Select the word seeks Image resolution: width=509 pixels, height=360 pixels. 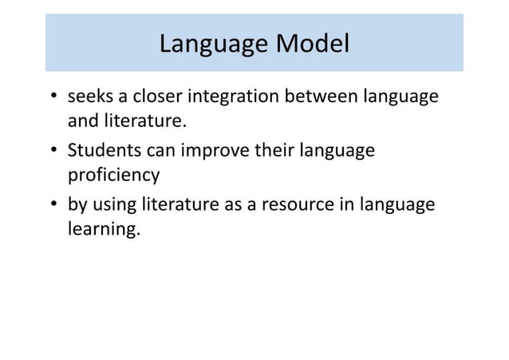point(89,97)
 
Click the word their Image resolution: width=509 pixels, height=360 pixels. point(274,151)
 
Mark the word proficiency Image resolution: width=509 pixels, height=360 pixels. point(113,175)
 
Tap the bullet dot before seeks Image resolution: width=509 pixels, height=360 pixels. point(53,98)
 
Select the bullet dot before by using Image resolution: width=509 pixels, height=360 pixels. point(53,205)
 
